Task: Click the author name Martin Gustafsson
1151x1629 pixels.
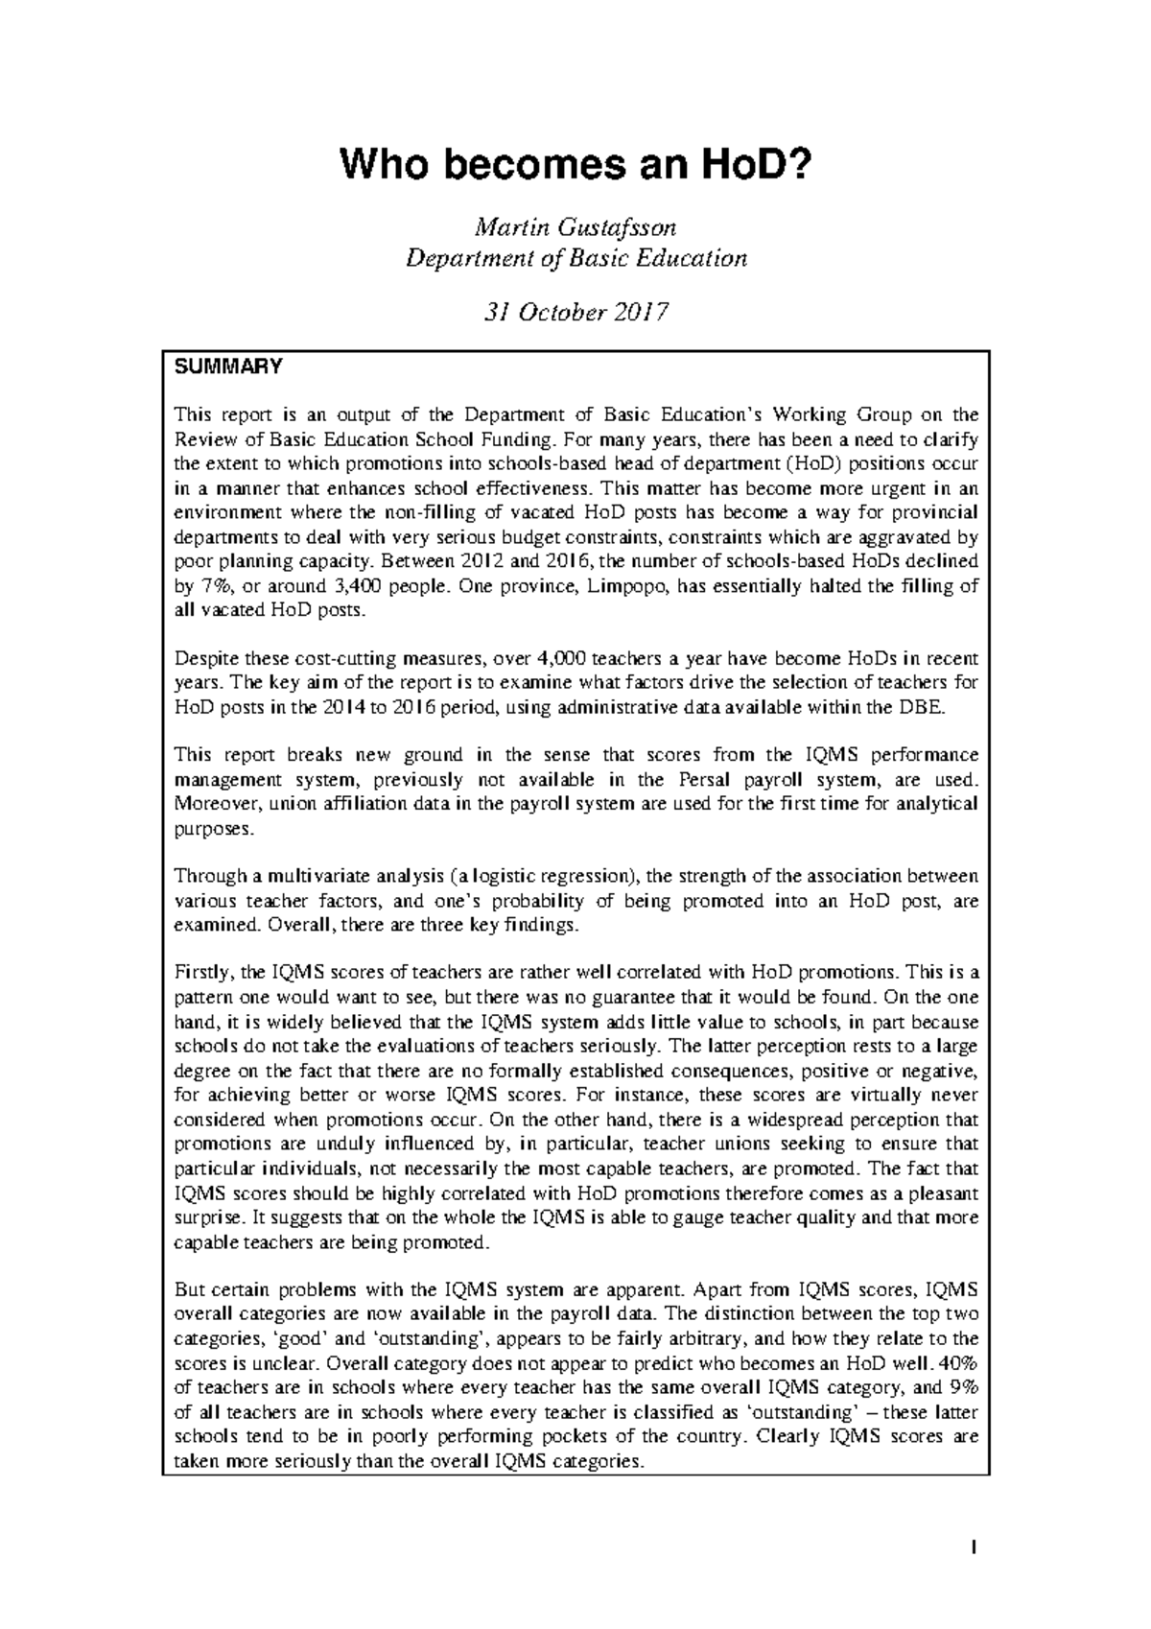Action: tap(575, 228)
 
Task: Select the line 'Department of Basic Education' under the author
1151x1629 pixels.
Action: tap(575, 258)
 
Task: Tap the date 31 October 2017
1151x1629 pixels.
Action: tap(575, 313)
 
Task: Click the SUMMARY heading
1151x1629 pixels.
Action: tap(227, 366)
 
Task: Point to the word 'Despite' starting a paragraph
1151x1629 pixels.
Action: tap(204, 659)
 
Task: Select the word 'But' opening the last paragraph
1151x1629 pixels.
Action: tap(189, 1290)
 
